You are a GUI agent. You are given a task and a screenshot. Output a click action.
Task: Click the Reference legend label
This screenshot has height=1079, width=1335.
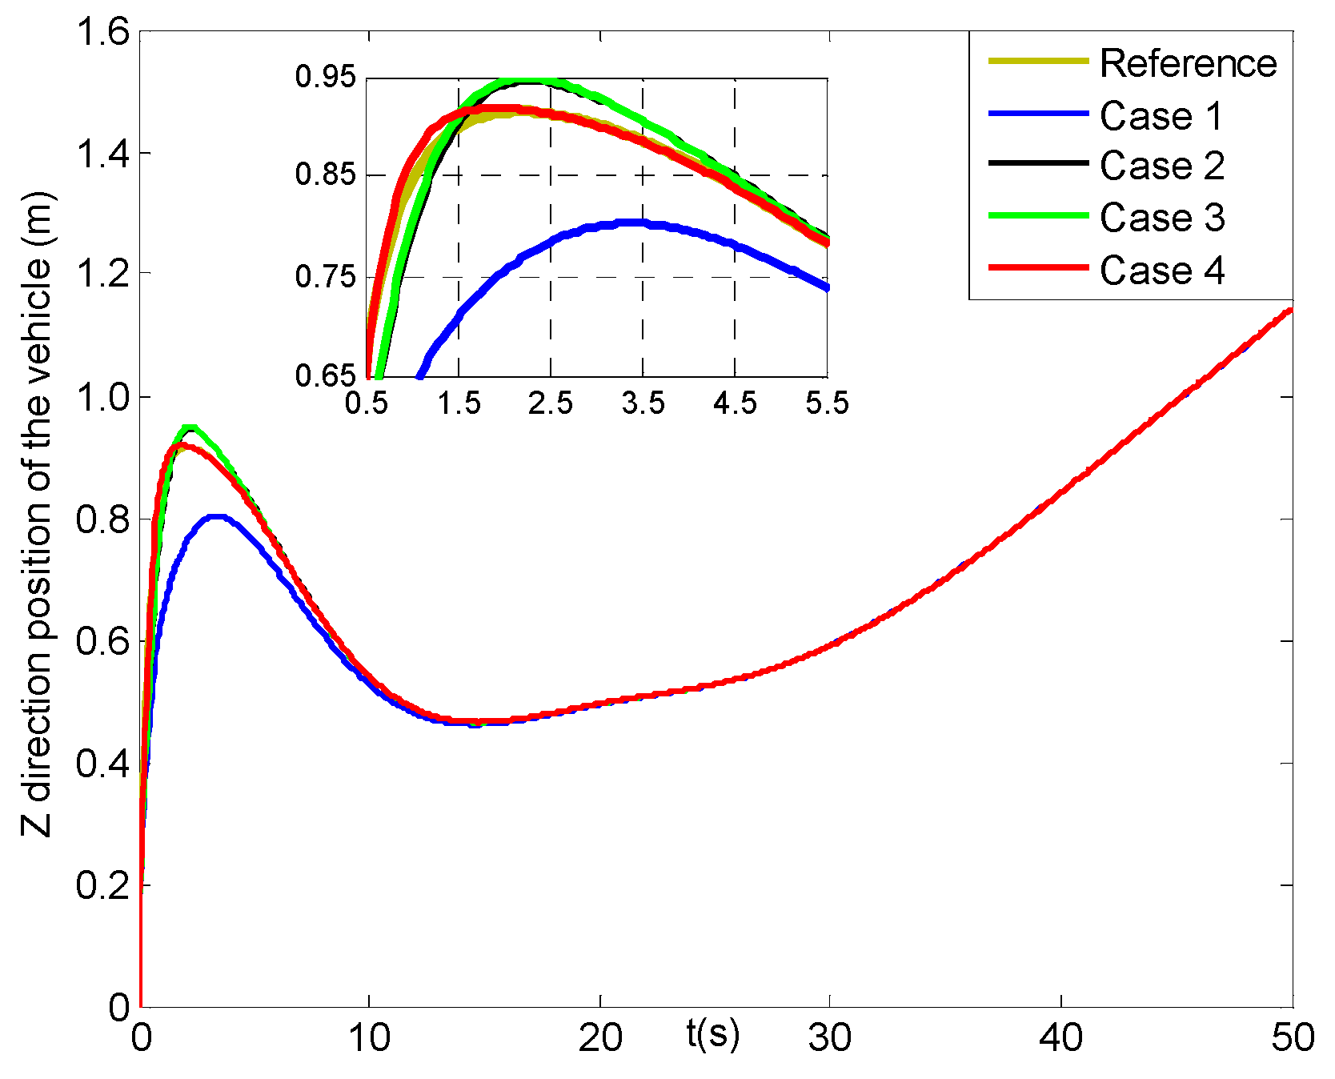tap(1188, 63)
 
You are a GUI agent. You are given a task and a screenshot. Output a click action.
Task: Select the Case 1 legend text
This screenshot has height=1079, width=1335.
tap(1161, 116)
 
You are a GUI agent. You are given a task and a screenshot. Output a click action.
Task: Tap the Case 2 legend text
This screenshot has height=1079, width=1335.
tap(1161, 166)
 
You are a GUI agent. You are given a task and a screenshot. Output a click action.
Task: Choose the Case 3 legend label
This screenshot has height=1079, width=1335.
tap(1161, 218)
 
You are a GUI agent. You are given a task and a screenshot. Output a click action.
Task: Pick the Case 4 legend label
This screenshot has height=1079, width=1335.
tap(1161, 271)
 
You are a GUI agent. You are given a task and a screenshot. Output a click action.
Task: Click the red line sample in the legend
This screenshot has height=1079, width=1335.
tap(1038, 267)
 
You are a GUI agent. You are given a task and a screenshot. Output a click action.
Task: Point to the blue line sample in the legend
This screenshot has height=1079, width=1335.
tap(1038, 114)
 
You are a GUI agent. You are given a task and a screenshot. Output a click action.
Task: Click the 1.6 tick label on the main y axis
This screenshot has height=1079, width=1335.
tap(102, 34)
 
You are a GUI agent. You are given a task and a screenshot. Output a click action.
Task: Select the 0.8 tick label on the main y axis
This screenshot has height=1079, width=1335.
tap(102, 519)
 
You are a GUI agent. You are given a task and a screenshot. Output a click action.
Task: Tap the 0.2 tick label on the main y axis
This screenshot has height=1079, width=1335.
tap(102, 885)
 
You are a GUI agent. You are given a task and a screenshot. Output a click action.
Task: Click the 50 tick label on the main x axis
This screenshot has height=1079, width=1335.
tap(1293, 1038)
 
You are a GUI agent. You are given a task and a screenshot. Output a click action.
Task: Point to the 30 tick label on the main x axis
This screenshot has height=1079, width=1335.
tap(830, 1038)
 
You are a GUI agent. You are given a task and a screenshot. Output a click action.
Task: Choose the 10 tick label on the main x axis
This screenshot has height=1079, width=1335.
tap(369, 1038)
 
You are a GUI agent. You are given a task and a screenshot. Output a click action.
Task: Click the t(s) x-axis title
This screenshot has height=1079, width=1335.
tap(712, 1033)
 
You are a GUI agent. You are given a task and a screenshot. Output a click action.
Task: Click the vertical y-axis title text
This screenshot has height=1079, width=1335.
tap(37, 514)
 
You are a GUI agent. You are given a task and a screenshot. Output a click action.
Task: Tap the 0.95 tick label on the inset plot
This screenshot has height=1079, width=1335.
tap(325, 77)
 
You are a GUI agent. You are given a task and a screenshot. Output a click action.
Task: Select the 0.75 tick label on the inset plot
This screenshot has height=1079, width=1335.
tap(325, 277)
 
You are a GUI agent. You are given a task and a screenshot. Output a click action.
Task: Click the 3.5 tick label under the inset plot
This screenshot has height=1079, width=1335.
tap(643, 403)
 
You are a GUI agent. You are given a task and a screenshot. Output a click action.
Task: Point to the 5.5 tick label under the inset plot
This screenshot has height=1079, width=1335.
tap(827, 403)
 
